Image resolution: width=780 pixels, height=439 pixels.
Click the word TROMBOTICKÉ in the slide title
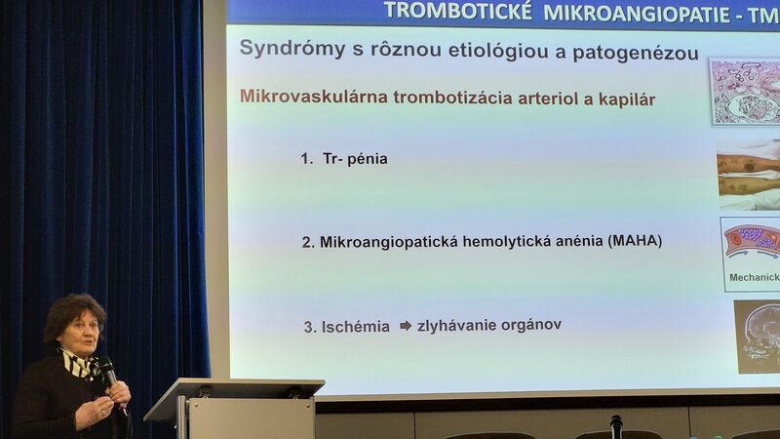pos(457,11)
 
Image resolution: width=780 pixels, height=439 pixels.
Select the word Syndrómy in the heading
pos(292,49)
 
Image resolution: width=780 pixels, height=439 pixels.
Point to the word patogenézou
pos(636,53)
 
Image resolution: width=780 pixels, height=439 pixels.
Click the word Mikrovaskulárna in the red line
pos(313,96)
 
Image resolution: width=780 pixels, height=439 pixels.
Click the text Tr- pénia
pos(355,159)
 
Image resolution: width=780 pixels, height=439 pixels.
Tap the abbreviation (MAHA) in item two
pos(635,241)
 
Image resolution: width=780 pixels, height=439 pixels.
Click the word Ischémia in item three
pos(355,327)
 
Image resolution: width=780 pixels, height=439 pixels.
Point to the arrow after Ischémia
pos(406,326)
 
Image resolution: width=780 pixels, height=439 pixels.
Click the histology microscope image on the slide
pos(745,92)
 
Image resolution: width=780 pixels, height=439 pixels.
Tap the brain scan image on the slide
pos(758,337)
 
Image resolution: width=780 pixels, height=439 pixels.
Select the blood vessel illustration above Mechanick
pos(753,242)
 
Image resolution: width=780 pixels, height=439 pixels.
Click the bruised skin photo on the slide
pos(749,175)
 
